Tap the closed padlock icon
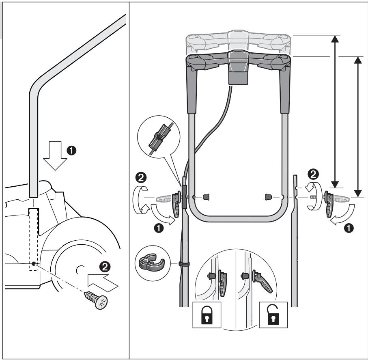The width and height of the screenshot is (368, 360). (x=207, y=315)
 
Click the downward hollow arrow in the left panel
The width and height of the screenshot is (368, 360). (x=55, y=156)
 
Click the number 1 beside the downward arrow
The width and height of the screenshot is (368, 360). (x=71, y=150)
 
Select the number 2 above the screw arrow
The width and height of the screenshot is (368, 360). (x=105, y=267)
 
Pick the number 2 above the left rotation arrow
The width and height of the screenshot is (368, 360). (x=141, y=178)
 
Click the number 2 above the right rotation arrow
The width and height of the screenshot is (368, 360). (x=313, y=174)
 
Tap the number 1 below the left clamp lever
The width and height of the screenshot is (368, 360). (x=159, y=228)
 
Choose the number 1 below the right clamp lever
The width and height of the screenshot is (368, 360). (x=349, y=228)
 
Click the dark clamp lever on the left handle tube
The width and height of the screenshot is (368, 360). (x=176, y=204)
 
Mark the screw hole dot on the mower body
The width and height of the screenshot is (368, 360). (x=34, y=263)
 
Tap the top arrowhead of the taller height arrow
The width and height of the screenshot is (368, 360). (x=335, y=39)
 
